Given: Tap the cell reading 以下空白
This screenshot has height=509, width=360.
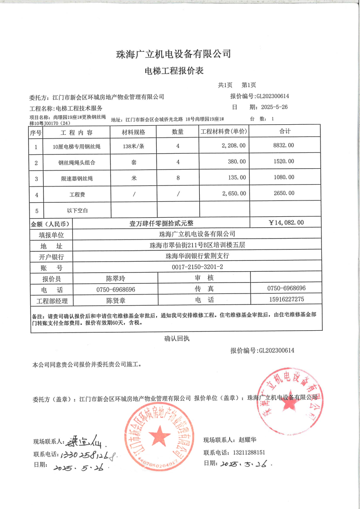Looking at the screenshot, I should (x=77, y=210).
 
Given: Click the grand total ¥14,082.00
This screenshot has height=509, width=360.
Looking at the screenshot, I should (x=286, y=223).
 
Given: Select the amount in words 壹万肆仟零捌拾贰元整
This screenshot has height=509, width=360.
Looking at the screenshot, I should (x=161, y=223).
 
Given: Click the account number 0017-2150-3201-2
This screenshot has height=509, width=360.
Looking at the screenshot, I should (x=197, y=267).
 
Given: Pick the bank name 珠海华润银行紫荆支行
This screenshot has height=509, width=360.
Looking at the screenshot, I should (x=197, y=256).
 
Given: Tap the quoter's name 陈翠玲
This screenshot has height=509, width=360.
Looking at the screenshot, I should (x=116, y=278).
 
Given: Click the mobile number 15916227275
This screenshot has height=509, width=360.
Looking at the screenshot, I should (x=286, y=299).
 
